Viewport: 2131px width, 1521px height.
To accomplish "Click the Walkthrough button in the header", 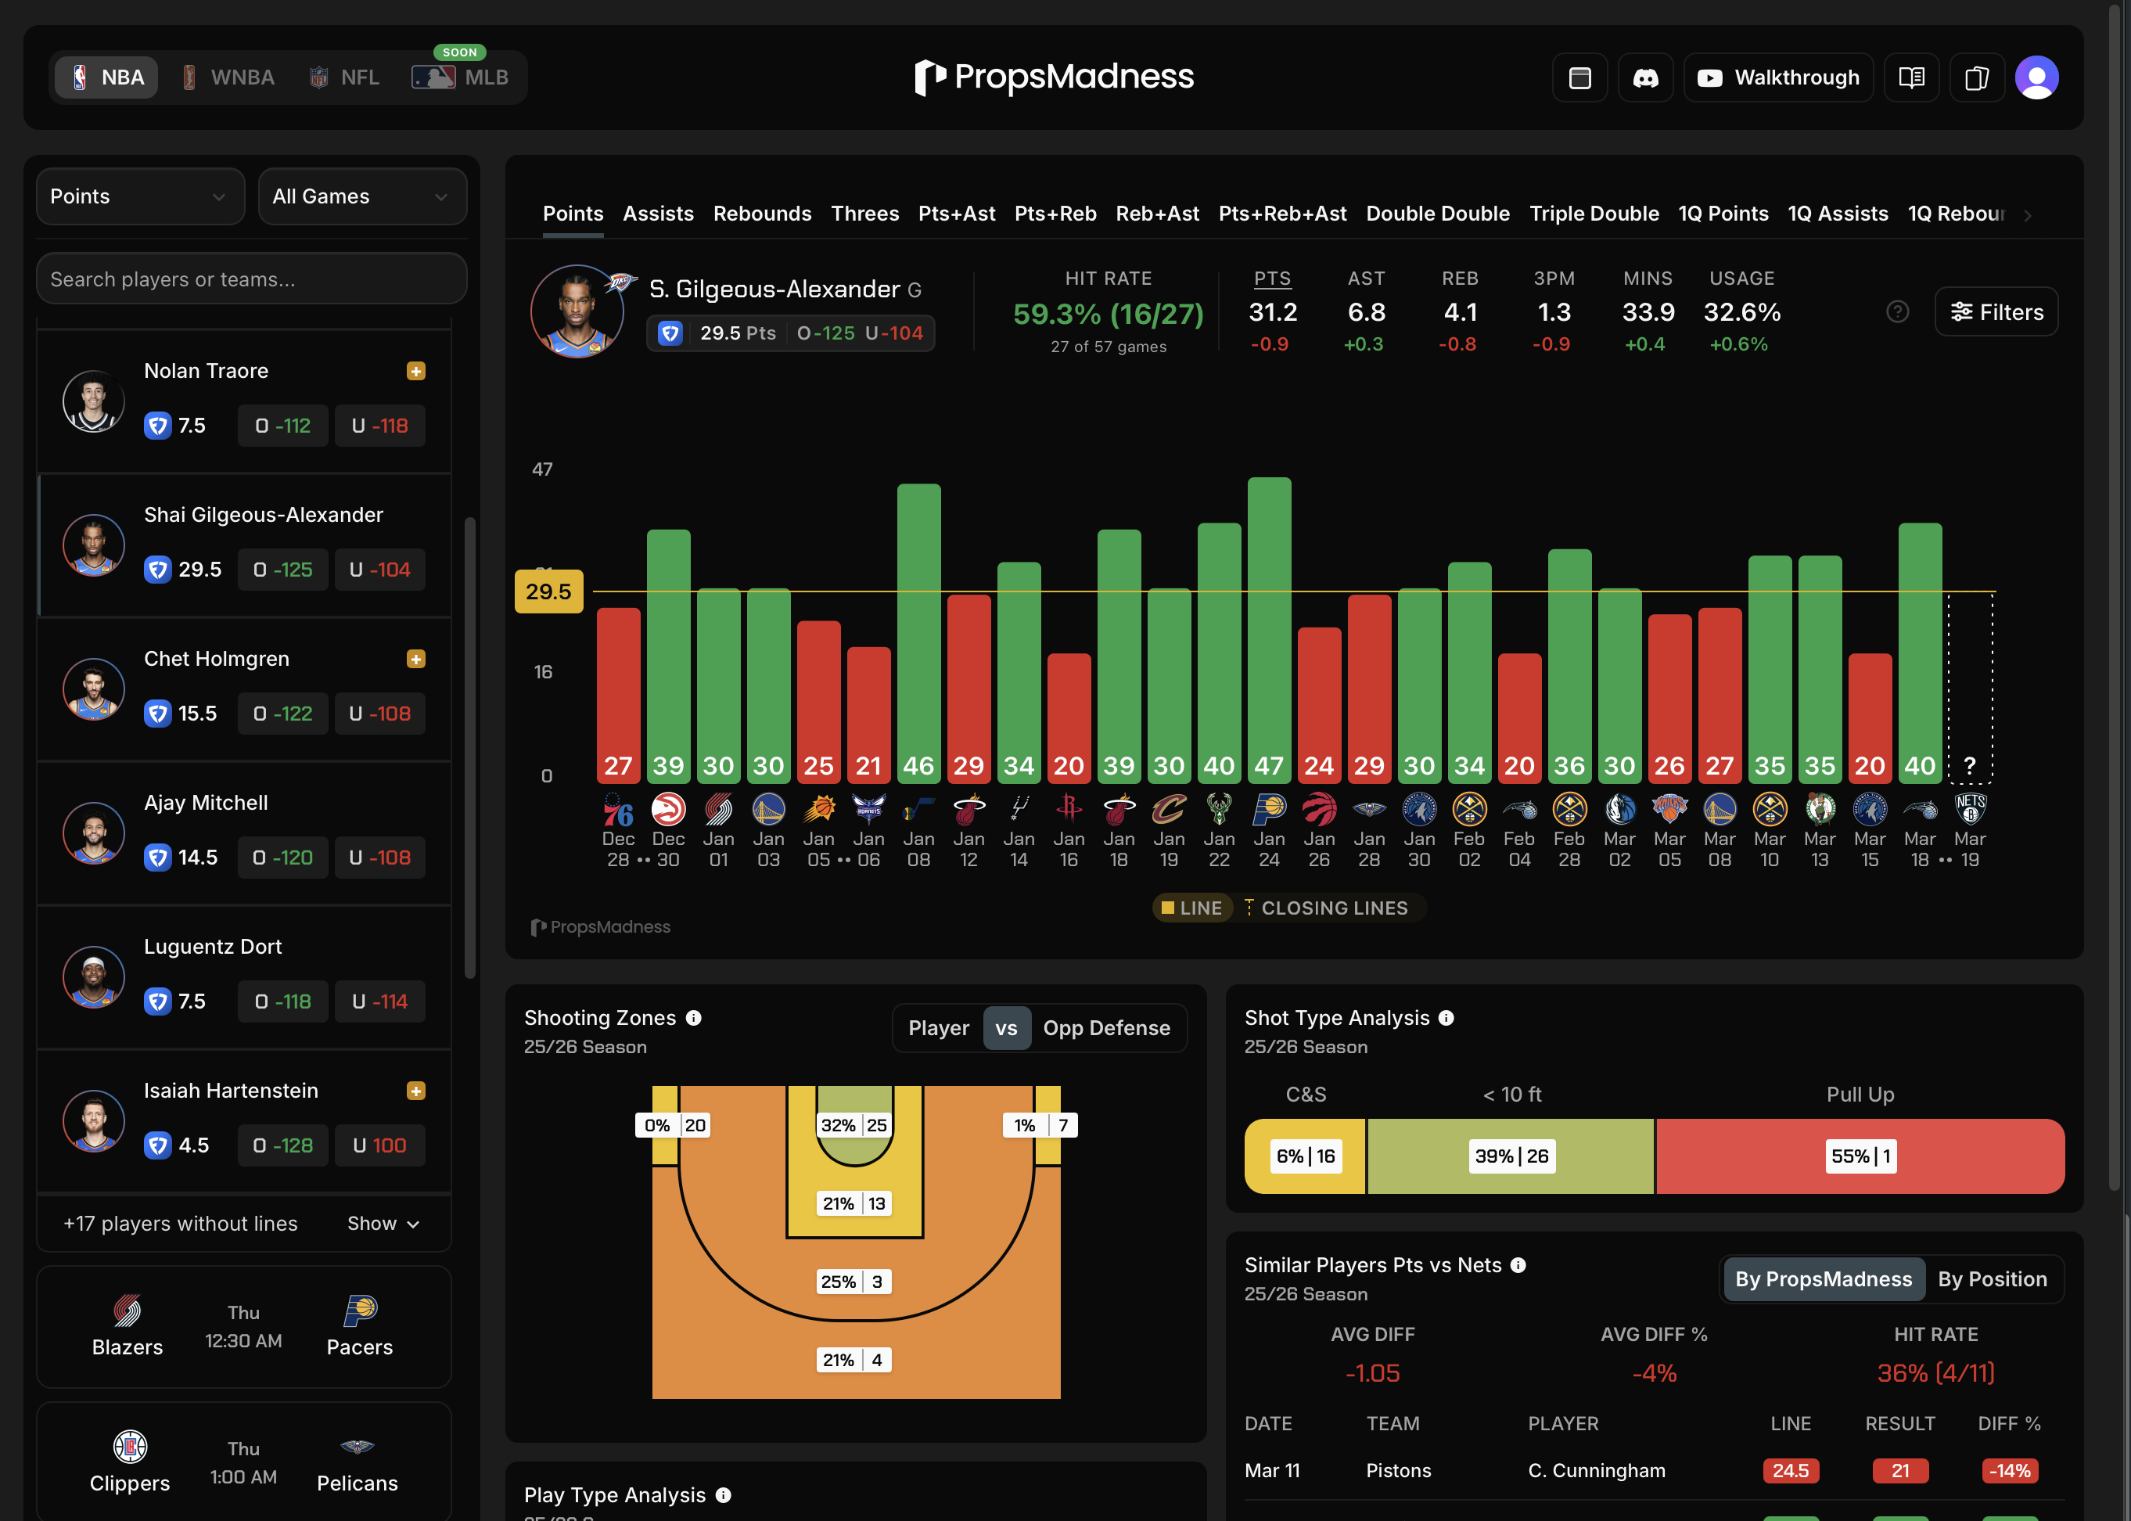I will pyautogui.click(x=1778, y=77).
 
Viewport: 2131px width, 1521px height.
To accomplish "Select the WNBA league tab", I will pyautogui.click(x=228, y=77).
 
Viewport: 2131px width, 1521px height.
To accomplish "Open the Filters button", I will pyautogui.click(x=1996, y=312).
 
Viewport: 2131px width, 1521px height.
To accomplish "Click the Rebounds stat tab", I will pyautogui.click(x=762, y=214).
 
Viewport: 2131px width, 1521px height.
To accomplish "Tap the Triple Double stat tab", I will pyautogui.click(x=1594, y=214).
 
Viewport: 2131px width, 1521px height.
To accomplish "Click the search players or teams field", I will pyautogui.click(x=251, y=279).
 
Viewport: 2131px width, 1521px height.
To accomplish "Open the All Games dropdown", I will pyautogui.click(x=361, y=196).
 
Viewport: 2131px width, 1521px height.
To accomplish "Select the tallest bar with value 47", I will pyautogui.click(x=1269, y=627).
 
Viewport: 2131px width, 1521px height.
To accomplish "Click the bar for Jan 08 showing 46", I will pyautogui.click(x=918, y=627).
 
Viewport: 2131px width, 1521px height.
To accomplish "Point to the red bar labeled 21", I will pyautogui.click(x=868, y=712).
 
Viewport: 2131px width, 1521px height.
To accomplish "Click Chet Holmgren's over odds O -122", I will pyautogui.click(x=282, y=714).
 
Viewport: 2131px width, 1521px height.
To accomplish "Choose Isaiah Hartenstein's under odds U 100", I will pyautogui.click(x=379, y=1145).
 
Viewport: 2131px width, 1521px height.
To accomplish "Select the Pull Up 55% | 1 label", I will pyautogui.click(x=1860, y=1156).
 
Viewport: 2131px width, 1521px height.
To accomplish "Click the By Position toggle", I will pyautogui.click(x=1992, y=1279).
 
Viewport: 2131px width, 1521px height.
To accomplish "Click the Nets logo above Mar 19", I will pyautogui.click(x=1970, y=807).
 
